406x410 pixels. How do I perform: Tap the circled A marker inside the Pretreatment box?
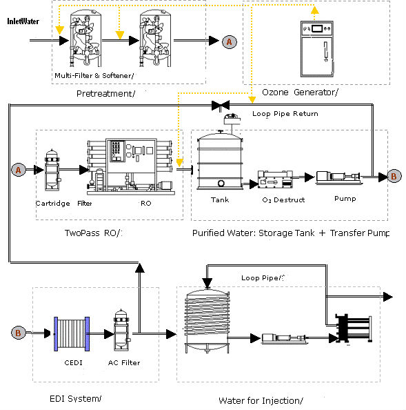point(230,42)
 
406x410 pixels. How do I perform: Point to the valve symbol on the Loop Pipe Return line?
point(221,105)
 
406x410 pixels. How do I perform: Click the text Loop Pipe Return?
point(285,113)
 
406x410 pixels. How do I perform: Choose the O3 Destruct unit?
point(275,181)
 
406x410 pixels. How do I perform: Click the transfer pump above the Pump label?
point(337,178)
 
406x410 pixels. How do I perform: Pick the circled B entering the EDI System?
point(19,333)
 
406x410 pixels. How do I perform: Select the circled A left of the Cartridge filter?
point(19,168)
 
